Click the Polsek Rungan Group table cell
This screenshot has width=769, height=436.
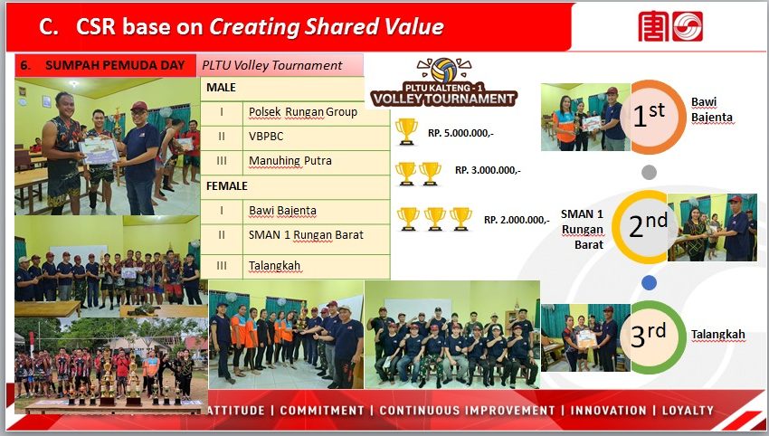pos(317,113)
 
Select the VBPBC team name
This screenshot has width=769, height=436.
pos(266,137)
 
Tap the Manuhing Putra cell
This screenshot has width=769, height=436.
pos(317,162)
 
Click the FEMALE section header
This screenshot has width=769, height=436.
pos(226,185)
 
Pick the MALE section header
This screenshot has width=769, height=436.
pos(221,88)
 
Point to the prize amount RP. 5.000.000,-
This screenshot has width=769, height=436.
pos(460,133)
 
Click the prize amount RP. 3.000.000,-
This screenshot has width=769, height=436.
pos(488,170)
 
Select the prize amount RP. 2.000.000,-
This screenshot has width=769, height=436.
pos(517,220)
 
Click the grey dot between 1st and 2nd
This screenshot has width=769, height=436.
pos(649,172)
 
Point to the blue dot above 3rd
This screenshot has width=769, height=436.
pos(649,282)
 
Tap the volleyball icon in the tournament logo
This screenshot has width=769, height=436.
pos(444,71)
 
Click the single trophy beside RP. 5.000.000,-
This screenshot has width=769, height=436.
pos(406,131)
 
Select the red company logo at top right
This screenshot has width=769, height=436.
pos(670,26)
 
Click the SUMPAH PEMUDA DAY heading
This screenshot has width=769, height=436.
pos(115,65)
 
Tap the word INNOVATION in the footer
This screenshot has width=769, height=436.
pos(608,411)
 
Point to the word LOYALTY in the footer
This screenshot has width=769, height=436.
pos(688,411)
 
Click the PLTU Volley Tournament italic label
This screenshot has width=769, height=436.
pos(272,65)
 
